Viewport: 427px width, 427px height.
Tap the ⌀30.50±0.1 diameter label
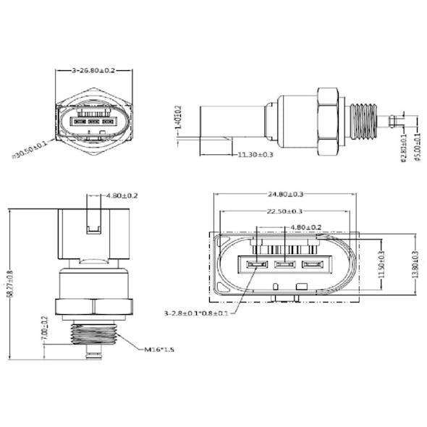[x=31, y=149]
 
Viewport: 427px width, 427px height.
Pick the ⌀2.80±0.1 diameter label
[x=402, y=146]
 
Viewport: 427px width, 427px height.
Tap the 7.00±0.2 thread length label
[x=45, y=328]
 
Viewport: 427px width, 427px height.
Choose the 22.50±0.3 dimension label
[x=284, y=211]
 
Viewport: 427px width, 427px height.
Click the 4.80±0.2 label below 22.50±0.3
[x=305, y=227]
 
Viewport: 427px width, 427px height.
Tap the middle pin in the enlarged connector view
[x=284, y=263]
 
